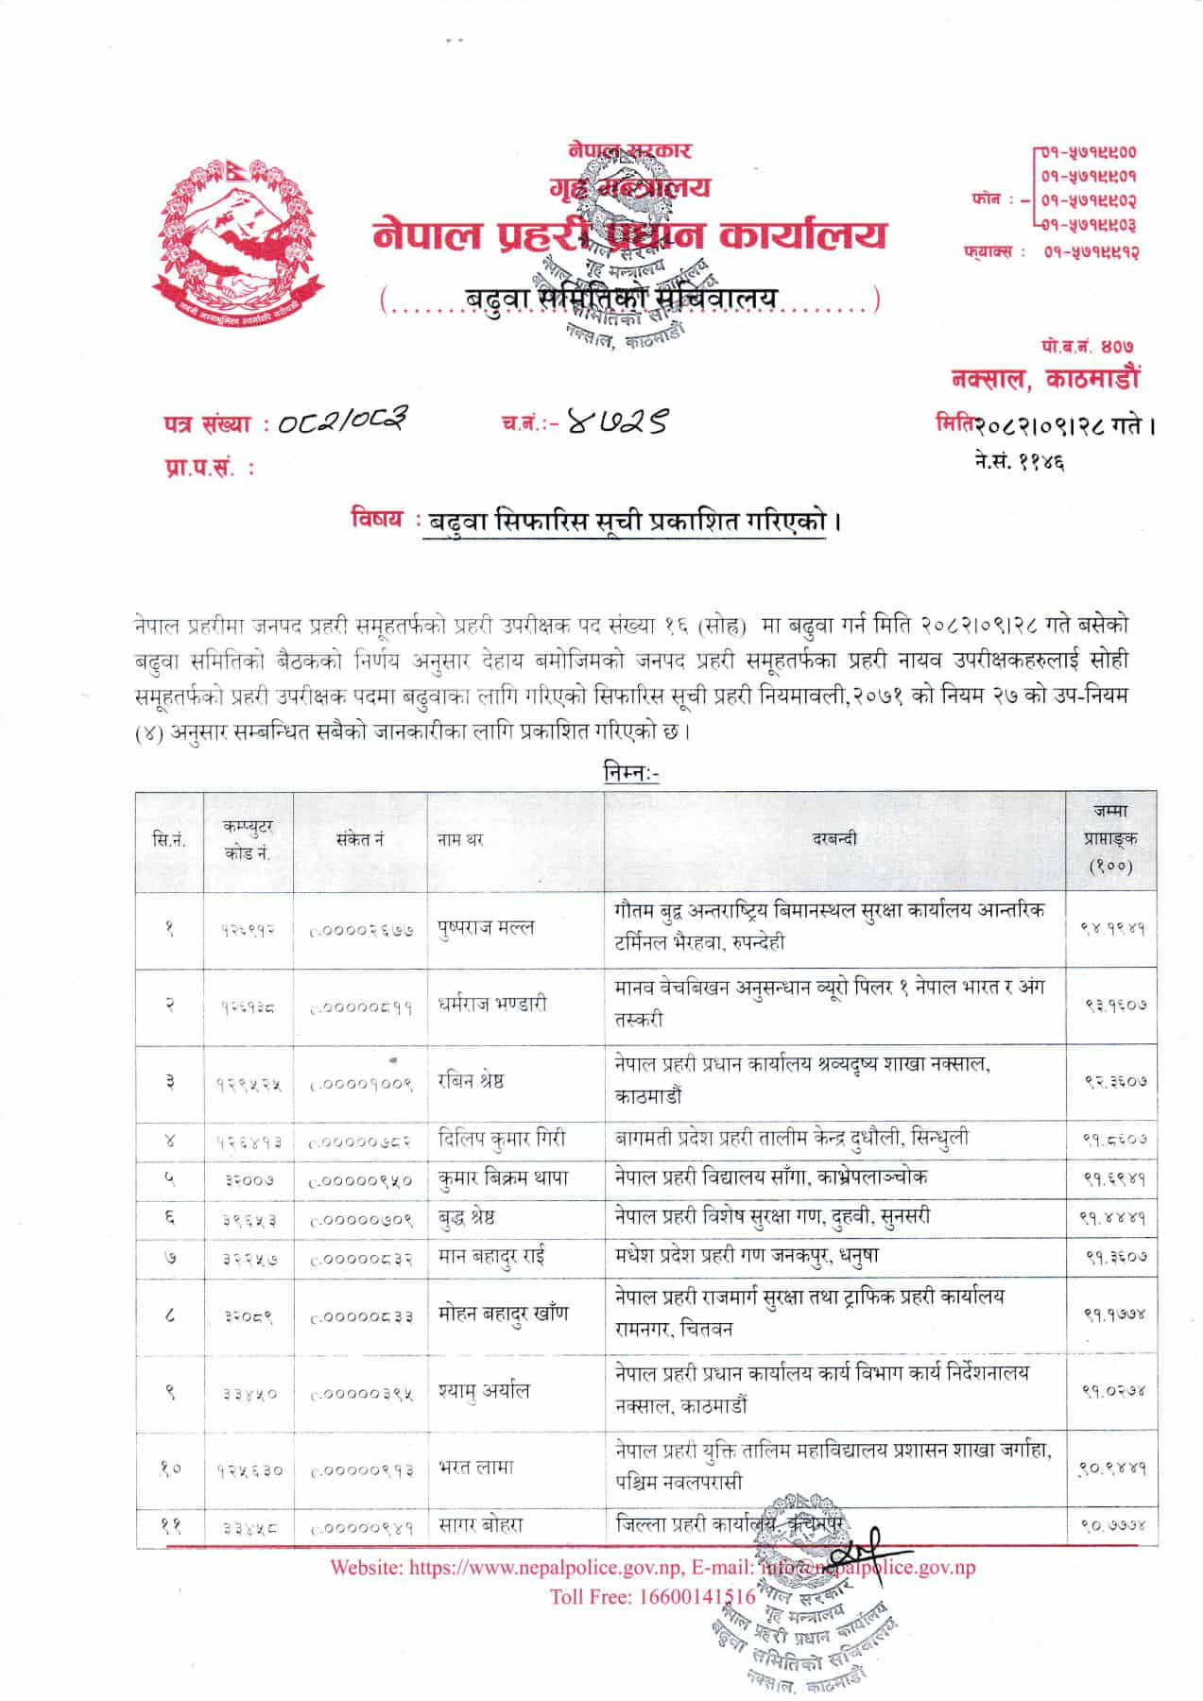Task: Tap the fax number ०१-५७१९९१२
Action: [1091, 252]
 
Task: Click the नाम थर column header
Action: [461, 839]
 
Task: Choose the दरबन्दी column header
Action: [834, 838]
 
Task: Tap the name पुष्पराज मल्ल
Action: [486, 927]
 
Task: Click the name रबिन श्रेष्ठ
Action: [471, 1081]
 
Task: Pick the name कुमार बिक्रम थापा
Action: [503, 1178]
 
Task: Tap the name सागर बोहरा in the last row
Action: [480, 1524]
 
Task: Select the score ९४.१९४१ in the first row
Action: [1111, 928]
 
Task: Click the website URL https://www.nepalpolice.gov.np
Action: [544, 1568]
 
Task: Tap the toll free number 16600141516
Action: [700, 1597]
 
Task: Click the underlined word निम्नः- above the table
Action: [631, 774]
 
